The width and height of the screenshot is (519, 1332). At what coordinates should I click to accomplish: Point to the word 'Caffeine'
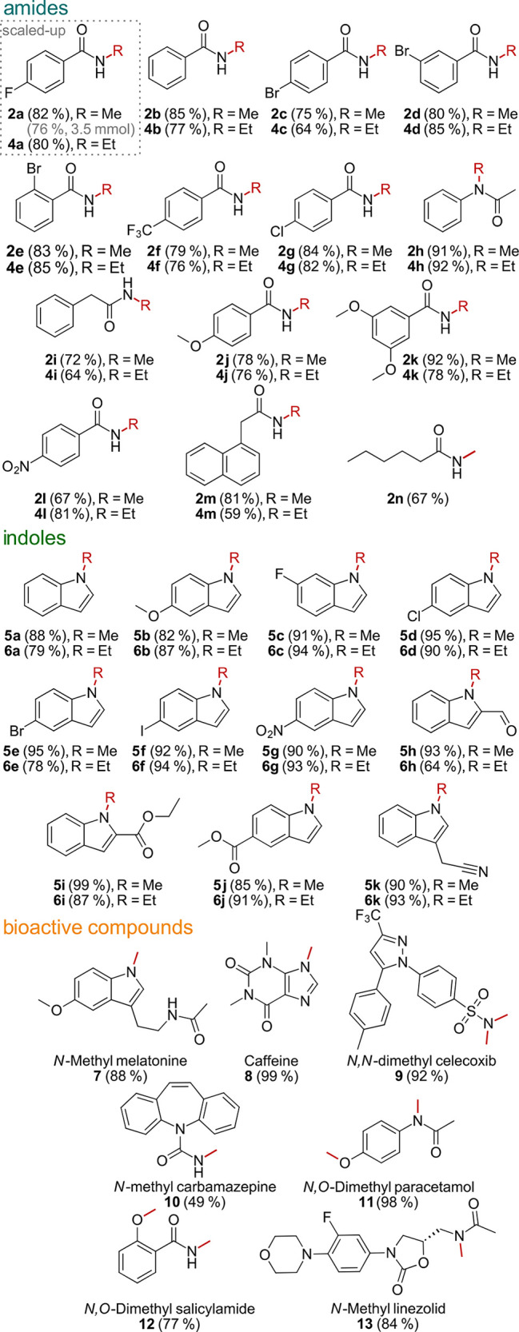272,1060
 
